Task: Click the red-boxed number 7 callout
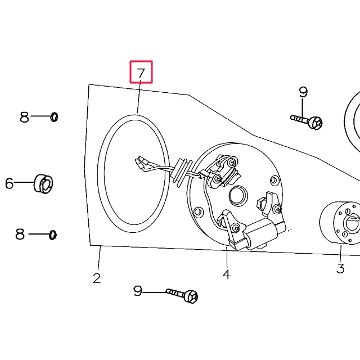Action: pos(141,72)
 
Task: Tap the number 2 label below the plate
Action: pos(97,278)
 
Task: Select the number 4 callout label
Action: pos(226,274)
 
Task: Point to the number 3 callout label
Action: pos(340,268)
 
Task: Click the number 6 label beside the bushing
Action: pos(9,183)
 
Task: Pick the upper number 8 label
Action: pos(25,117)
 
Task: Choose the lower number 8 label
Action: pos(20,234)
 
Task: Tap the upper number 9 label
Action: pos(303,92)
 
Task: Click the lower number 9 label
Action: pos(138,291)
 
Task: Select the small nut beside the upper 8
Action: pos(54,117)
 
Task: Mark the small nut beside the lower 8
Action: pos(53,235)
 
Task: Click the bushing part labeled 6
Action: pos(43,184)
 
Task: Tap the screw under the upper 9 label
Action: pos(307,121)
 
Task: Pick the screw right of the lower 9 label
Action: pos(182,295)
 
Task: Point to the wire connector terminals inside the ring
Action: pos(141,164)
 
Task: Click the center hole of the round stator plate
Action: pos(238,196)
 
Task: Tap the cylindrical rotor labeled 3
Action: pos(340,223)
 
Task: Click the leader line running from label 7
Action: pos(139,97)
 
